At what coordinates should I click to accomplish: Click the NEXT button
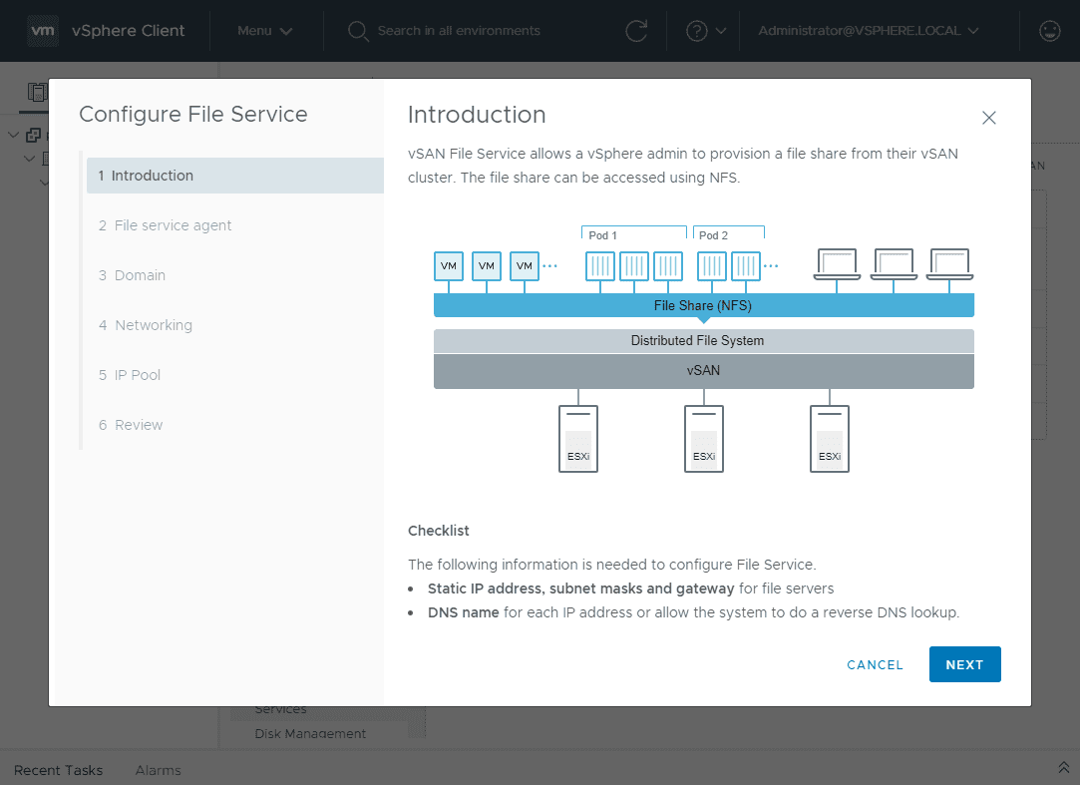tap(964, 664)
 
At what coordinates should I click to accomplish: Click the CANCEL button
tap(875, 664)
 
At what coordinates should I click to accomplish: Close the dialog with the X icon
tap(989, 118)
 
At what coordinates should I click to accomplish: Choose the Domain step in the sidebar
tap(140, 275)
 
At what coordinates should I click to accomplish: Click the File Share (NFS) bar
tap(703, 305)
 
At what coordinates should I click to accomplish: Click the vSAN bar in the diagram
tap(703, 370)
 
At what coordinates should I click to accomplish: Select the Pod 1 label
tap(602, 235)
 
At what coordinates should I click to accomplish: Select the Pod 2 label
tap(713, 235)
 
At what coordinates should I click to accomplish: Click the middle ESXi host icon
tap(704, 439)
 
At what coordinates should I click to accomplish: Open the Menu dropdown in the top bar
tap(264, 31)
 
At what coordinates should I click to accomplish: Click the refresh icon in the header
tap(636, 31)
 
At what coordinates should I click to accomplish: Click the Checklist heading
tap(438, 531)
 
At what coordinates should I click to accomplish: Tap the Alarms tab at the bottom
tap(158, 770)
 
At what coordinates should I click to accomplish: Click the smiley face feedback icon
tap(1049, 31)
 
